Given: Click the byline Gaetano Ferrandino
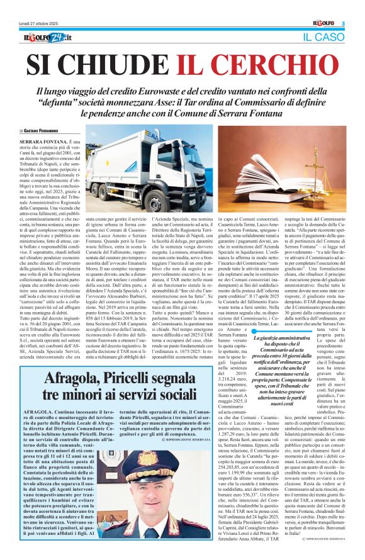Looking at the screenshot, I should [45, 130].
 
